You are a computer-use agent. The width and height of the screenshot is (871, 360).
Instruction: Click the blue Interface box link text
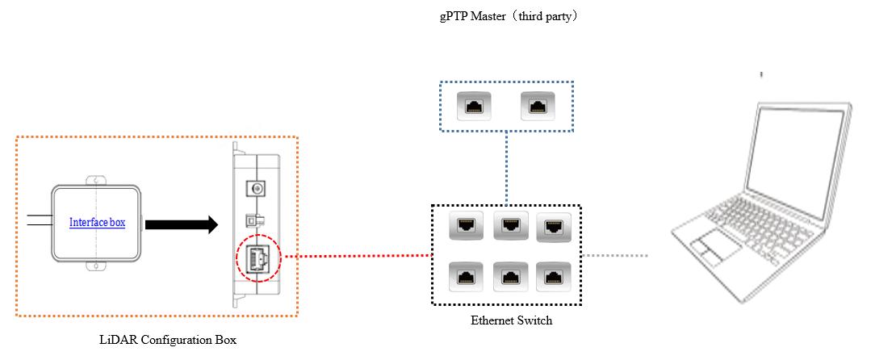(97, 223)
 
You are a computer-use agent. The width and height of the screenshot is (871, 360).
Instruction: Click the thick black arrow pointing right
(181, 224)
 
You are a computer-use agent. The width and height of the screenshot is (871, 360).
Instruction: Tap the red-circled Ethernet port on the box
(258, 258)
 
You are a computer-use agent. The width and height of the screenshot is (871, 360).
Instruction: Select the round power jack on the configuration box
(257, 189)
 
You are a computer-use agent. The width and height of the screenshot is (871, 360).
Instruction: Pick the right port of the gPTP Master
(536, 106)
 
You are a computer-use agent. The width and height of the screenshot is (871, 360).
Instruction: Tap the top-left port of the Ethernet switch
(464, 225)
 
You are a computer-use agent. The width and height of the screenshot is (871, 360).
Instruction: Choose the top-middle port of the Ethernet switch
(510, 225)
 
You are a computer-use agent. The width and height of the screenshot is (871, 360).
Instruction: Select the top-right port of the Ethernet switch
(553, 227)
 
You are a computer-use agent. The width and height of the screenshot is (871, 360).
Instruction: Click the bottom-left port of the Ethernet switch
(464, 276)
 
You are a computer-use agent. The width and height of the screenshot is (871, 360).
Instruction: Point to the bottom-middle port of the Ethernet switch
(510, 276)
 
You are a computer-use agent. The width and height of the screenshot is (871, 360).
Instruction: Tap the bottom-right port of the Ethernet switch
(552, 276)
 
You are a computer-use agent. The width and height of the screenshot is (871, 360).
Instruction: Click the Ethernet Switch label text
(512, 320)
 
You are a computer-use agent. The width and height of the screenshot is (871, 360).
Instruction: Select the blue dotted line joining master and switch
(507, 168)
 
